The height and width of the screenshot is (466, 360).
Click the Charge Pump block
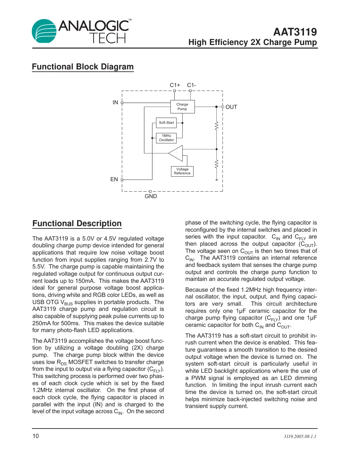(x=182, y=107)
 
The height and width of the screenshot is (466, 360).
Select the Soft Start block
(x=166, y=123)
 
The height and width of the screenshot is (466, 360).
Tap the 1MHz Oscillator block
(x=166, y=138)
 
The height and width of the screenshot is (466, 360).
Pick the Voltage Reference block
(x=182, y=171)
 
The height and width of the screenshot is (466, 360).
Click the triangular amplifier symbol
(x=177, y=153)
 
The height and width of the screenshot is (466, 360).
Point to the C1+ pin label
(x=175, y=85)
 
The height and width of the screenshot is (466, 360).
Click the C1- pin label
(x=192, y=85)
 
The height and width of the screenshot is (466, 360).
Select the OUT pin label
(x=231, y=107)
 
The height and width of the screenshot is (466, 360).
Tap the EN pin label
(x=114, y=179)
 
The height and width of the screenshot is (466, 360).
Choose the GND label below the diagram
(x=151, y=196)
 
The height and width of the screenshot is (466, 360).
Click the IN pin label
(x=115, y=102)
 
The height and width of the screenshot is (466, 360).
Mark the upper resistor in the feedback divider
(x=216, y=125)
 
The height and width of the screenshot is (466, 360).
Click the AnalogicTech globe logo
(x=44, y=31)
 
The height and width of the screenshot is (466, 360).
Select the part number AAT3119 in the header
(x=295, y=32)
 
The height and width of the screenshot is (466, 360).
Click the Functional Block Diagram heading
(x=83, y=67)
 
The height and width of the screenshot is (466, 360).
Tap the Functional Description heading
(x=77, y=224)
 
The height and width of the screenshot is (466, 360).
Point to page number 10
(x=36, y=436)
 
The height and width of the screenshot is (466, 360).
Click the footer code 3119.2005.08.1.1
(x=300, y=436)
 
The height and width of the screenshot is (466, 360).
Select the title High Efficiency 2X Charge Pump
(x=252, y=42)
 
